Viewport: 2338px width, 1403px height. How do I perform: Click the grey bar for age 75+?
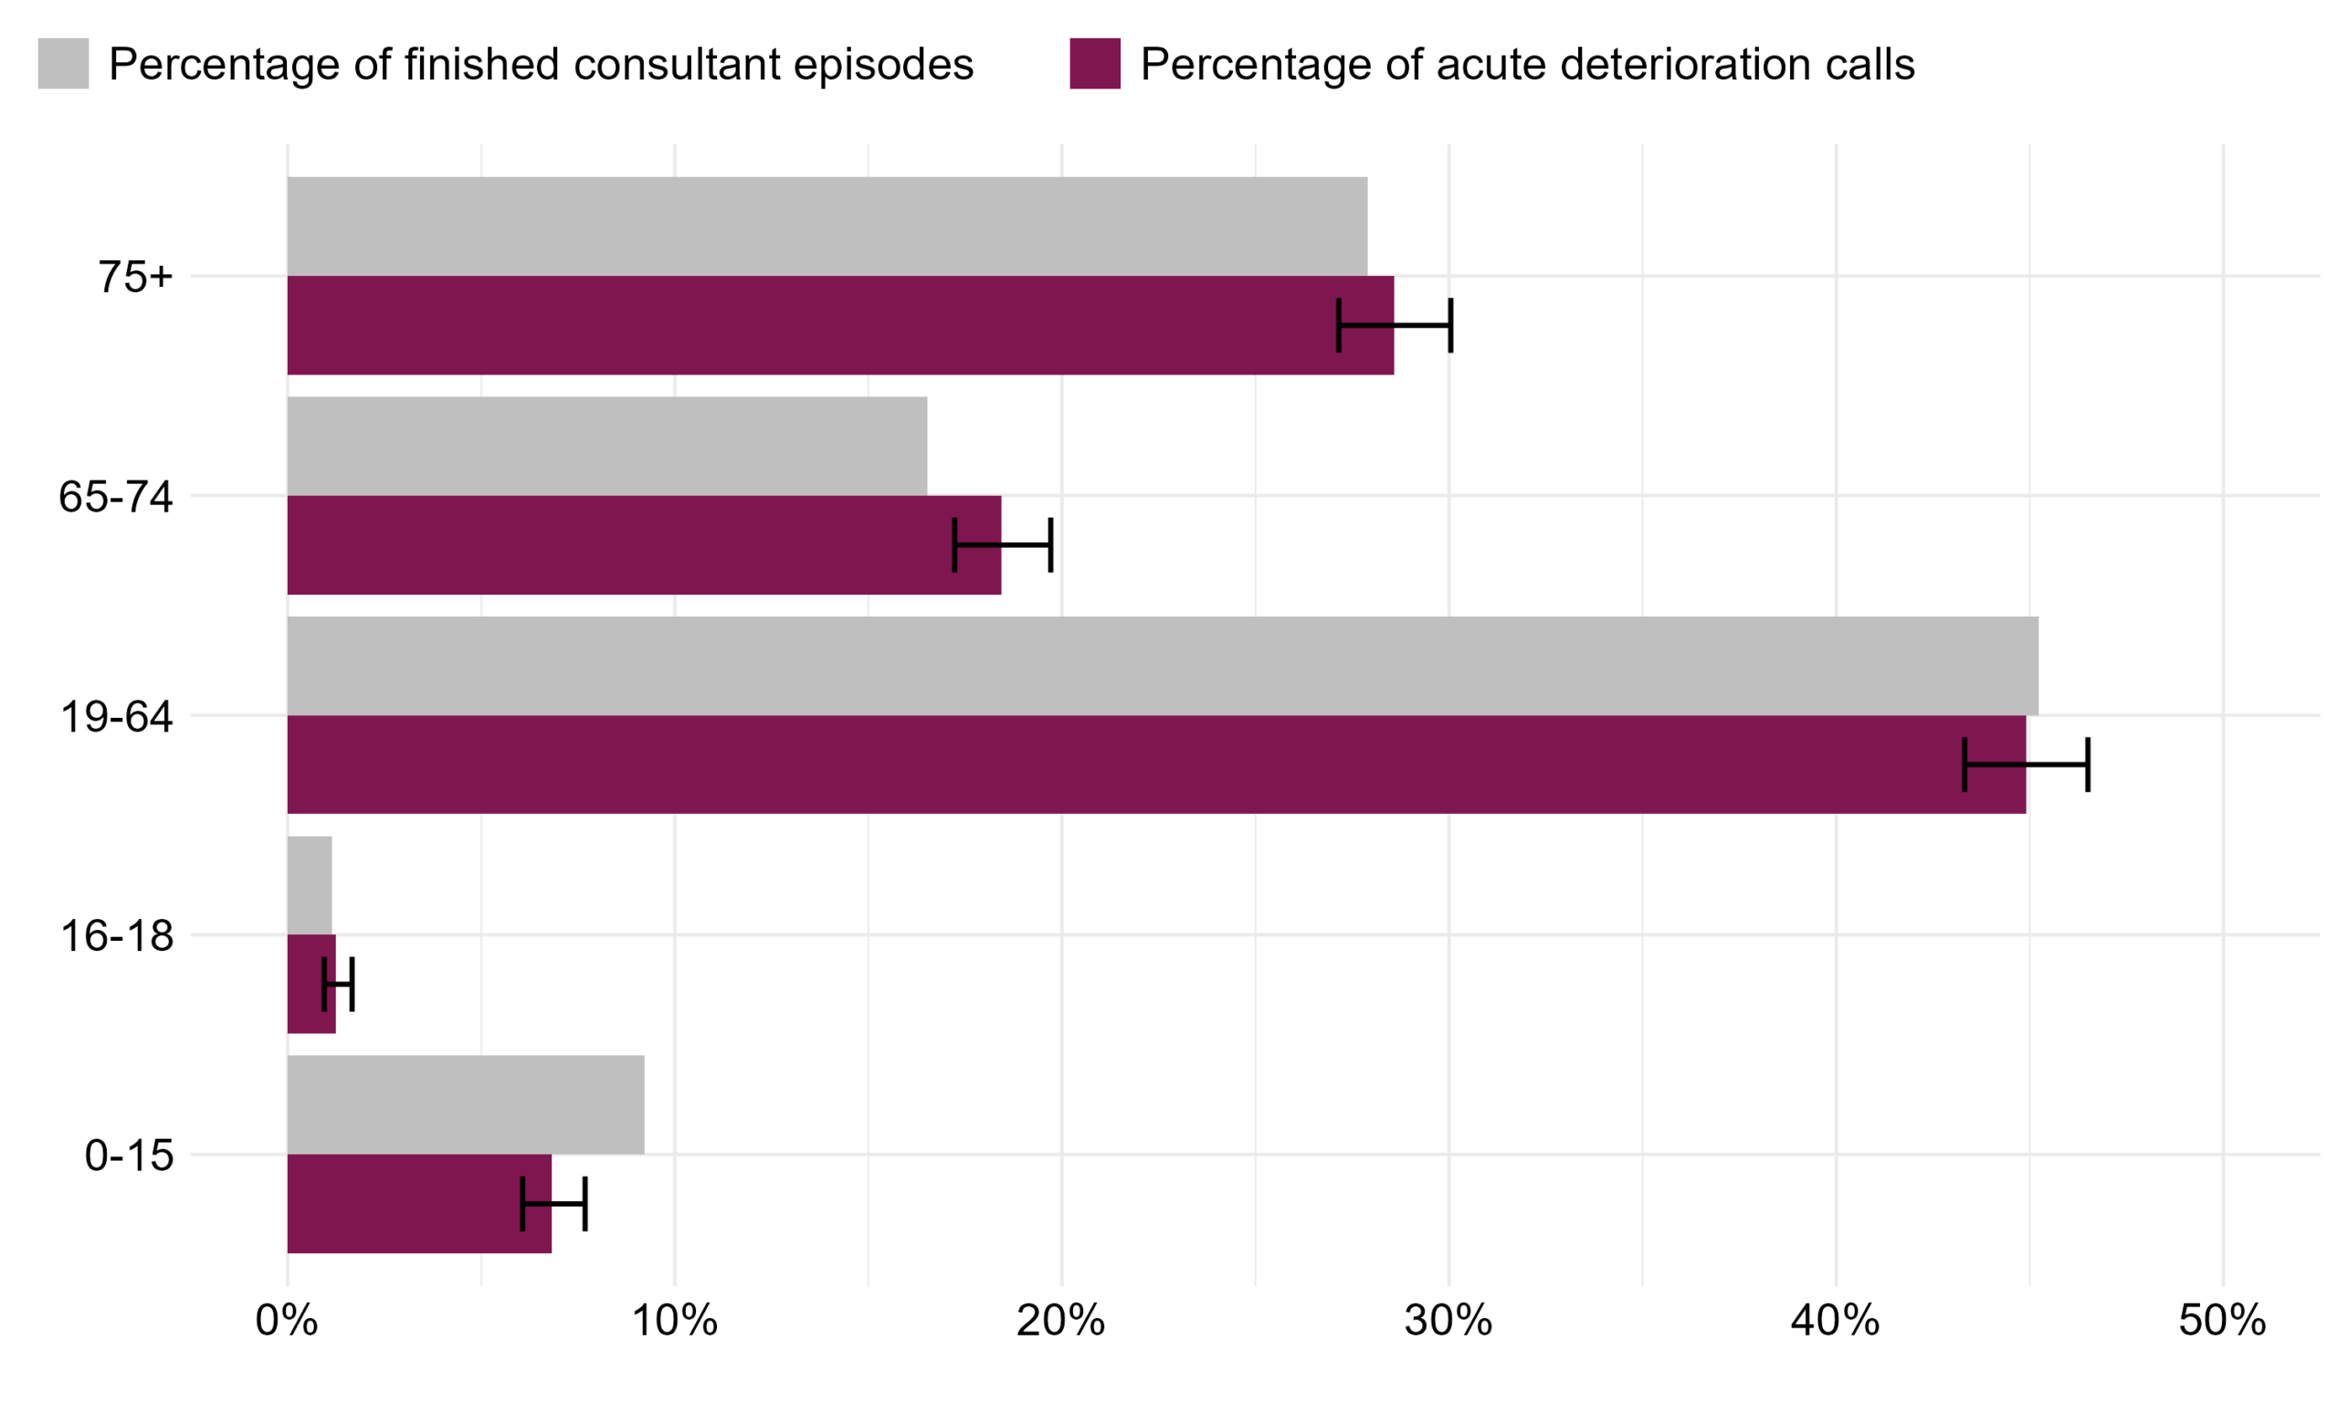827,226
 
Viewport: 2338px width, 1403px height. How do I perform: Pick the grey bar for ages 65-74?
606,446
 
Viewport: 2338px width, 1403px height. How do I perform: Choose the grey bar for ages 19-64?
1163,666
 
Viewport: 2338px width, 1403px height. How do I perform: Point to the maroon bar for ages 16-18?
304,984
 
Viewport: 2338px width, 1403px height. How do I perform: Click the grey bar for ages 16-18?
310,885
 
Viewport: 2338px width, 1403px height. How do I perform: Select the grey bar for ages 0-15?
466,1104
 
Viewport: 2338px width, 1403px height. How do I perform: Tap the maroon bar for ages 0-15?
406,1204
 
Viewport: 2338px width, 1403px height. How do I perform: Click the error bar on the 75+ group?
1395,325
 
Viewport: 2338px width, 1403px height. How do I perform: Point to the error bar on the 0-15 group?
553,1204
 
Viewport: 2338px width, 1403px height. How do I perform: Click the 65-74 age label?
116,496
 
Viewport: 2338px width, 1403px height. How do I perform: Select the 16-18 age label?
117,936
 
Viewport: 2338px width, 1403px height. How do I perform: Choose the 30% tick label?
1448,1321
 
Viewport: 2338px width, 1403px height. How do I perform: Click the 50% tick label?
2222,1321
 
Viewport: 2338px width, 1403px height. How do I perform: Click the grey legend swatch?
63,63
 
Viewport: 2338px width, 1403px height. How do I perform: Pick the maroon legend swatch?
1094,63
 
